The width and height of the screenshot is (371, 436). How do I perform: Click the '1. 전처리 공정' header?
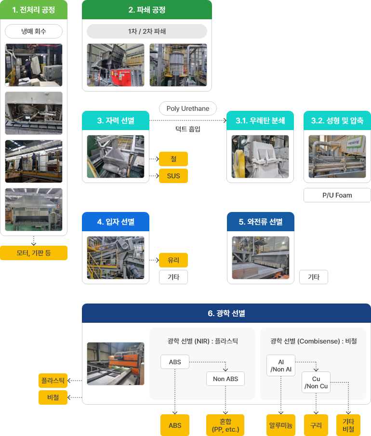click(34, 10)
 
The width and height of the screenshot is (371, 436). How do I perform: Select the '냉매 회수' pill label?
click(34, 31)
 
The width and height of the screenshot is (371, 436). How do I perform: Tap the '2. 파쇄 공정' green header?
click(146, 10)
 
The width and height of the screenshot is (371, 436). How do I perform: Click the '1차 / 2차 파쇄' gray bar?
click(146, 31)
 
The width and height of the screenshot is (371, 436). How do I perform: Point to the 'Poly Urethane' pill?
click(188, 108)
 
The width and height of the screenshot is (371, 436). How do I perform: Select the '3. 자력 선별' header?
click(116, 120)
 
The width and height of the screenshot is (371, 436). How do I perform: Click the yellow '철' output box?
click(173, 159)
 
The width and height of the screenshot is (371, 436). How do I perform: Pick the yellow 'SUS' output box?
click(173, 176)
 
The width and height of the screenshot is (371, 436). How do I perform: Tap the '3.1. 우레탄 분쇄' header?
click(260, 120)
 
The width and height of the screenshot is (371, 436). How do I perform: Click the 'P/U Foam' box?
click(337, 195)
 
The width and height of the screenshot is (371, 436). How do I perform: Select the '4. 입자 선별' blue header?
click(116, 222)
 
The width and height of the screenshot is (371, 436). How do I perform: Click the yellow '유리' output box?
click(173, 260)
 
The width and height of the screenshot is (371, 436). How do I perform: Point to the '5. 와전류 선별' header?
click(260, 222)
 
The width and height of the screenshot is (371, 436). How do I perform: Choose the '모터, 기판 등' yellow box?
click(34, 253)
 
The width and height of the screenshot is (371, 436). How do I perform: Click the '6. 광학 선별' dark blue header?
click(226, 313)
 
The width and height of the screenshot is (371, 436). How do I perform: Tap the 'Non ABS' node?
click(225, 379)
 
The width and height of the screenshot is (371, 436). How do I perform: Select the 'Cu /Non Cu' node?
click(316, 383)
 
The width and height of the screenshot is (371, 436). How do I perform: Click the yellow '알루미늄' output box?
click(280, 425)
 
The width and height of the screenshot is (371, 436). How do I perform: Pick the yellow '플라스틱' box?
click(53, 381)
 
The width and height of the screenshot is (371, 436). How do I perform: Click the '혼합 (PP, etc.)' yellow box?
click(225, 425)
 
